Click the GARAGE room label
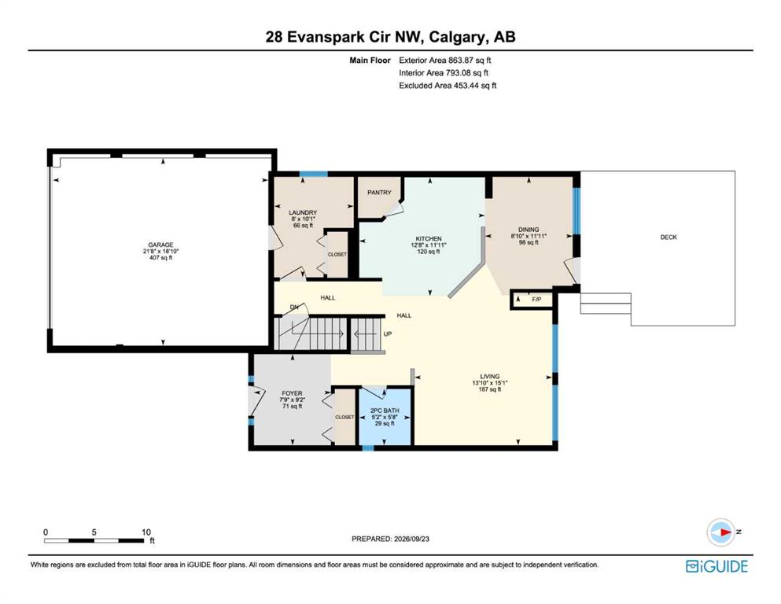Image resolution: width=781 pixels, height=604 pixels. pos(160,245)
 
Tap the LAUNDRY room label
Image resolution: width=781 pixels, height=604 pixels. pos(303,212)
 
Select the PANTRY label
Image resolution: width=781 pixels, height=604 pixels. pos(380,192)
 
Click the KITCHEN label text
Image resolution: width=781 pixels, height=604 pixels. pos(429,238)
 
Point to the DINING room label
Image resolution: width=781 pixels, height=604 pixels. pos(529,230)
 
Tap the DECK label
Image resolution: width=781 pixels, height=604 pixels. pos(669,237)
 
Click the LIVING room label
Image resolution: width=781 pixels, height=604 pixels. pos(490,377)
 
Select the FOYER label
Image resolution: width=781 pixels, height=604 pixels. pos(292,393)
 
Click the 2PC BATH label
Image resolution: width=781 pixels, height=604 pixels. pos(385,411)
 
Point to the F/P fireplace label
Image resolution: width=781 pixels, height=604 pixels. pos(536,300)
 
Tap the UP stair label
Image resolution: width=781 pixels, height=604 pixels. pos(388,333)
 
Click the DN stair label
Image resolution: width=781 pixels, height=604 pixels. pos(294,307)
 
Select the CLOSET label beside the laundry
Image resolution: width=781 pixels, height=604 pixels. pos(337,255)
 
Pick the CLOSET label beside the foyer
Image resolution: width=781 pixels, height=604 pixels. pos(344,418)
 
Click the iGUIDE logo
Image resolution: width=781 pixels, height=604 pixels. pos(717,566)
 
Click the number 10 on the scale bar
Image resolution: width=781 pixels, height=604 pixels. pos(146,532)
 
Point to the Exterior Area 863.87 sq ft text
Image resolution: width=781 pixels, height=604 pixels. pos(445,61)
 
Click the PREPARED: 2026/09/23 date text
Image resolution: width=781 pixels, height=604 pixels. pos(390,539)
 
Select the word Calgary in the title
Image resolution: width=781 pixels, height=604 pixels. pos(459,37)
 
